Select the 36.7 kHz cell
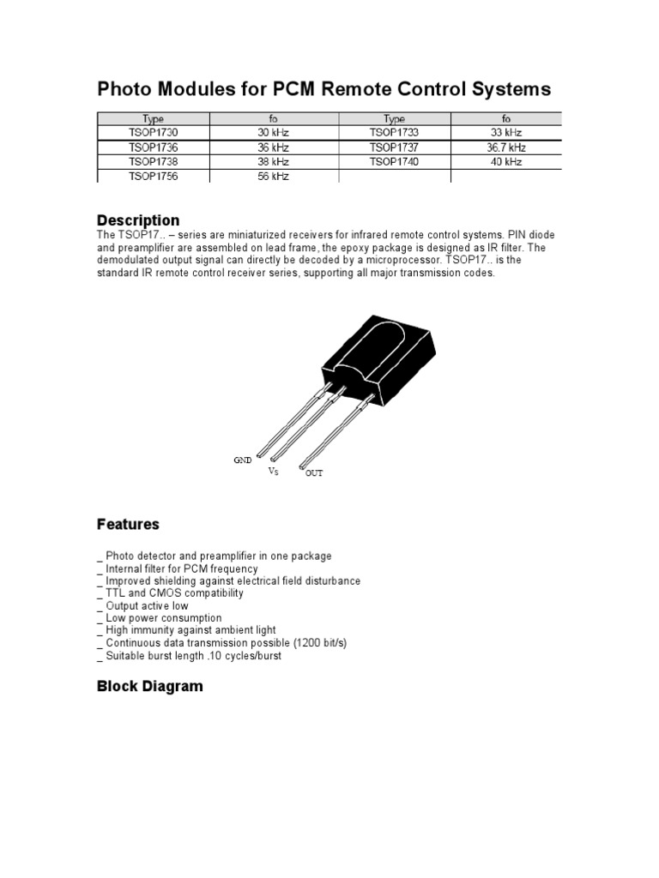point(506,147)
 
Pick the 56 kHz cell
point(274,176)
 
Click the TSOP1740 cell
point(394,161)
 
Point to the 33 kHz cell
point(506,133)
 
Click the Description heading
point(138,220)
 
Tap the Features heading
point(128,524)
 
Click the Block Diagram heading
point(150,686)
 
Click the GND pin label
point(242,460)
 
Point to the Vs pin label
point(273,472)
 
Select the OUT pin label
point(314,473)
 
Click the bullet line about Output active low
point(147,605)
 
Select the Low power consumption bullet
point(163,617)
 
